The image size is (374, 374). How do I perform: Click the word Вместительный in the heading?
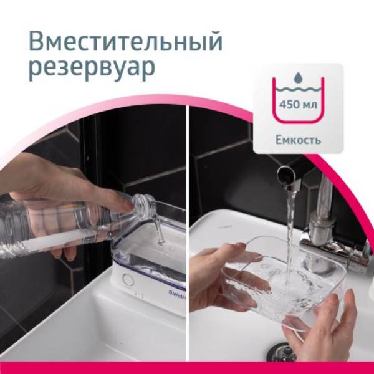click(x=125, y=42)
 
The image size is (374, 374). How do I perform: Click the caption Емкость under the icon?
click(x=298, y=140)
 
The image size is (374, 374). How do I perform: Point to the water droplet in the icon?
click(x=298, y=77)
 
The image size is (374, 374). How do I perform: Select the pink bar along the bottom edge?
click(x=187, y=368)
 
